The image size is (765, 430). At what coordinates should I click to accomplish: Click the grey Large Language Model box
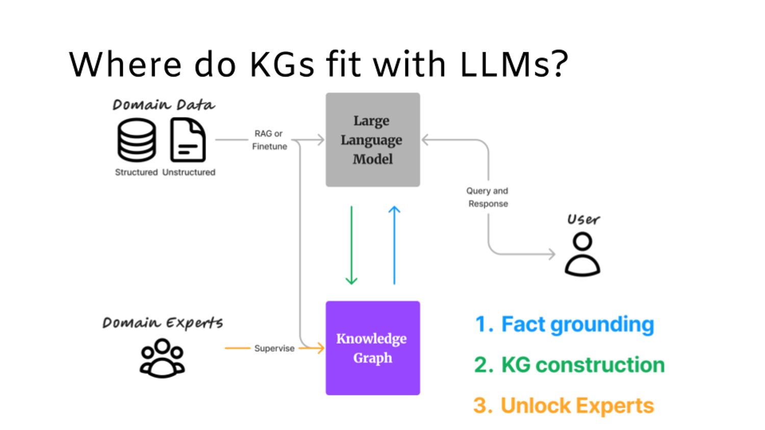pos(373,140)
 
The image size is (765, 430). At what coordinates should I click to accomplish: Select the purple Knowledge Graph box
pos(373,348)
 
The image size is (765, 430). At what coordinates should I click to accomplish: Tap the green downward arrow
pos(351,245)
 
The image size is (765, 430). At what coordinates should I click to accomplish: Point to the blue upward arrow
pos(394,245)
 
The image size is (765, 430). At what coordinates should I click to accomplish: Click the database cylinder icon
pos(137,140)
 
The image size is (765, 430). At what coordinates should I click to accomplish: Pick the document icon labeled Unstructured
pos(188,140)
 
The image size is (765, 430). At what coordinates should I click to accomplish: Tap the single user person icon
pos(582,254)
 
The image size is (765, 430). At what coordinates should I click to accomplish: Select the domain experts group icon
pos(162,359)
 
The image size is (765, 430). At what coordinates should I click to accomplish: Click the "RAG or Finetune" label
pos(269,140)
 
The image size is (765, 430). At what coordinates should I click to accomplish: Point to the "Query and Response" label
pos(488,197)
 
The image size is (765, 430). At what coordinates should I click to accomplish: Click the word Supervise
pos(274,348)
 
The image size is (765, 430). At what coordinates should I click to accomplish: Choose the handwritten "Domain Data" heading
pos(164,105)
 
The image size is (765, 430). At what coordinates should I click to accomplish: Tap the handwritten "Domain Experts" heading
pos(163,323)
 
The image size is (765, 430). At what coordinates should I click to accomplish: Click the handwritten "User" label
pos(583,220)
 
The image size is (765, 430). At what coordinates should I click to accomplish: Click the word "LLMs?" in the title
pos(514,65)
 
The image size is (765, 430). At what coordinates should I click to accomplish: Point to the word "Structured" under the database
pos(136,172)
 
